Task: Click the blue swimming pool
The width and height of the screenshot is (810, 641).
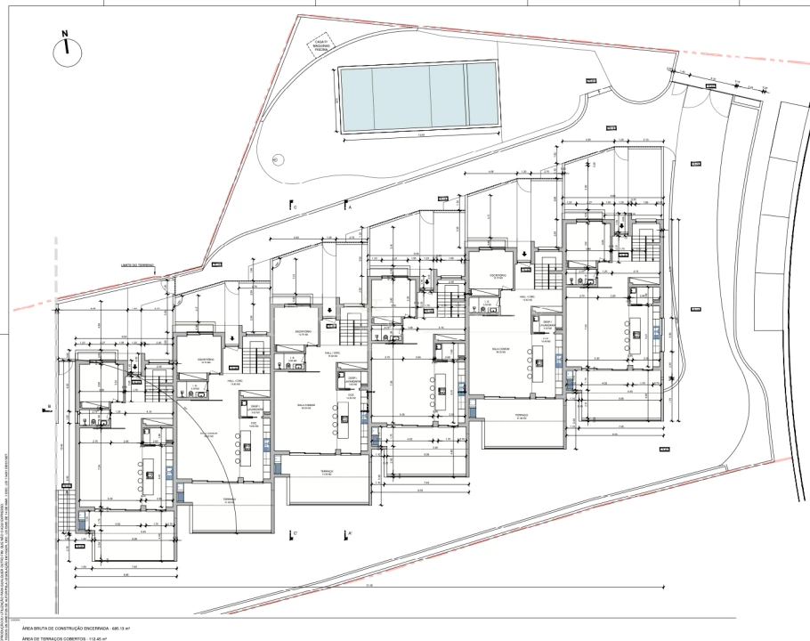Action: (x=417, y=97)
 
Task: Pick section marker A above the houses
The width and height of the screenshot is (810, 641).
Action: (x=349, y=206)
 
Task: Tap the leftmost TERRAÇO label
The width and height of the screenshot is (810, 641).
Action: (x=230, y=500)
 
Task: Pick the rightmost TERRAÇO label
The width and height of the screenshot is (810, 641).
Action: (x=522, y=415)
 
